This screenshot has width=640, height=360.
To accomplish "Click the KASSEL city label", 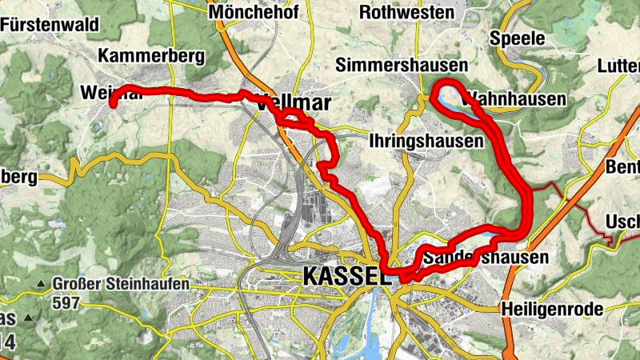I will (346, 276).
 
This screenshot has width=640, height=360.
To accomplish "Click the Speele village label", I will (517, 38).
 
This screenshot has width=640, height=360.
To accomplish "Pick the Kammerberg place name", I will (151, 56).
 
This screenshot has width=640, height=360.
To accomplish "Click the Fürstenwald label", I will (50, 24).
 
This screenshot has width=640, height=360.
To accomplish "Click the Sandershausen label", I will (486, 258).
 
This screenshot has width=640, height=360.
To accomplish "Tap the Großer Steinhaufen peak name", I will (121, 283).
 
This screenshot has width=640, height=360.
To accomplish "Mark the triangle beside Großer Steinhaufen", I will (40, 284).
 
